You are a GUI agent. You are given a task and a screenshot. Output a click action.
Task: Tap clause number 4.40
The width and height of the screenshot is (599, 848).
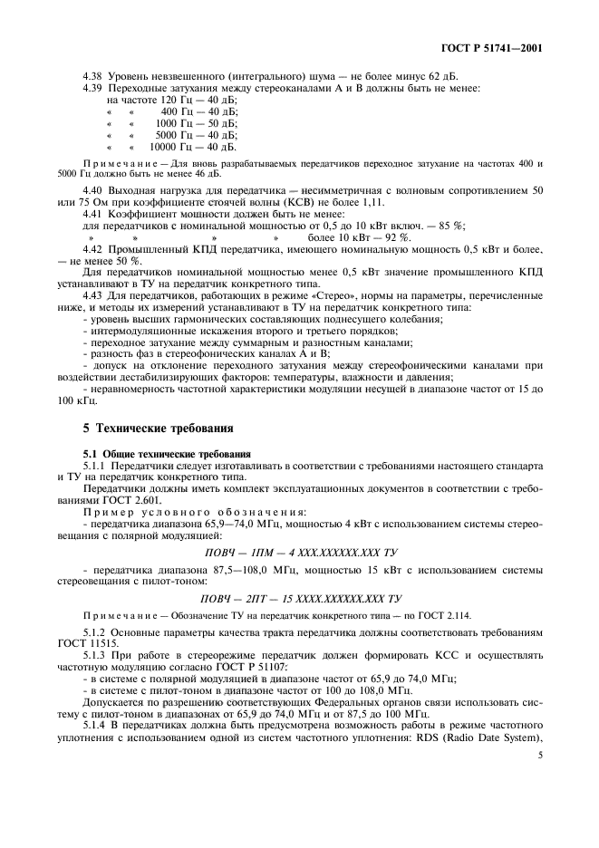pos(93,191)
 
